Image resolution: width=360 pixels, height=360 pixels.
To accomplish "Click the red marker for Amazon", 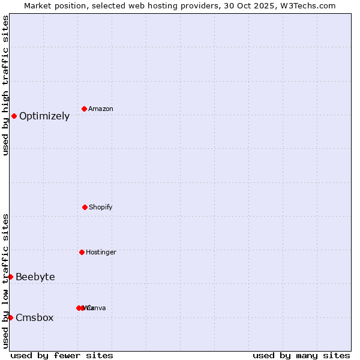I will point(85,109).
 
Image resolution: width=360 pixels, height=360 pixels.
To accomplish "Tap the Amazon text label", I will point(101,109).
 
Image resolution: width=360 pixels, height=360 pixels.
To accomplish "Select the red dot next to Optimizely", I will point(14,116).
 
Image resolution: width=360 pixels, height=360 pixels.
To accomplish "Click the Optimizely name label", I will point(44,116).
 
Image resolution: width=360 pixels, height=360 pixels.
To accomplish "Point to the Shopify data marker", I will point(85,207).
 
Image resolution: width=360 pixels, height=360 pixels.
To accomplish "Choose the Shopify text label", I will point(101,207).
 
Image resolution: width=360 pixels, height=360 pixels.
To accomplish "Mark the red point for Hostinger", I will point(82,252).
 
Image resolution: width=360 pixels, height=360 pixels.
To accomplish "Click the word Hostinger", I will point(101,252).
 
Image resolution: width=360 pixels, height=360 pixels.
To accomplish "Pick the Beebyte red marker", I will point(10,277).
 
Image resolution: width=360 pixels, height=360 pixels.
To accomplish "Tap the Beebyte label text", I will point(35,277).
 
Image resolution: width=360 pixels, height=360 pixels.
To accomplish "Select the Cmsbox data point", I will point(10,317).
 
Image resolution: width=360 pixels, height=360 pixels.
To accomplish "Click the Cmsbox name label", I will point(35,317).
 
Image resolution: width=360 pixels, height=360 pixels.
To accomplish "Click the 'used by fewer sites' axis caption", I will point(62,355).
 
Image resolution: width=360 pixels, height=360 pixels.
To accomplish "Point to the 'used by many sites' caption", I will point(301,355).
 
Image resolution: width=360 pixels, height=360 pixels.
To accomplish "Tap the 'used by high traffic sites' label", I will point(5,85).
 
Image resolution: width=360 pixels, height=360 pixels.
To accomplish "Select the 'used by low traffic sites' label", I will point(5,281).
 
